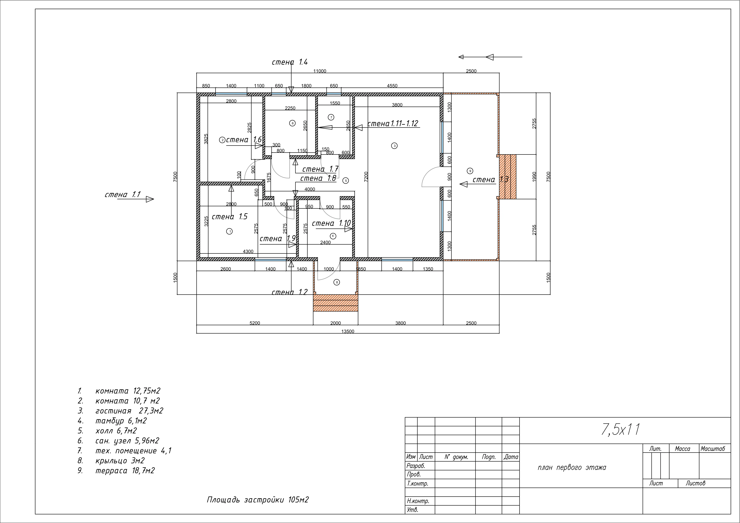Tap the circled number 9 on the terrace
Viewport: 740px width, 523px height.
pos(470,171)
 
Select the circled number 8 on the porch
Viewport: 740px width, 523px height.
pos(337,282)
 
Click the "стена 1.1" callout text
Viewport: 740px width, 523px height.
pos(122,195)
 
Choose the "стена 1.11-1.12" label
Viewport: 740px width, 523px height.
pos(393,123)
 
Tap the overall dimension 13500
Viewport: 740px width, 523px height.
pos(348,331)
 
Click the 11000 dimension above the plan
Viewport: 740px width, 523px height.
pos(320,71)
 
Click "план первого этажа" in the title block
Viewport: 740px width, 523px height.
pos(572,468)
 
